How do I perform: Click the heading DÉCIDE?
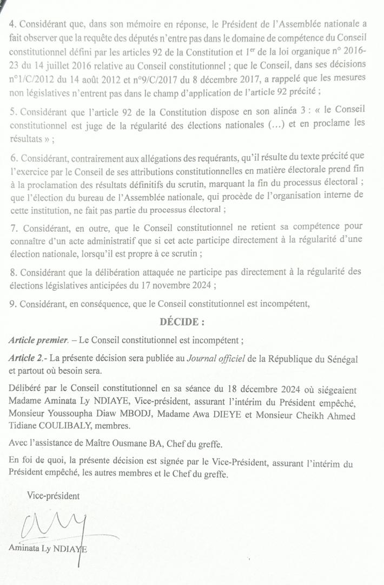click(x=182, y=322)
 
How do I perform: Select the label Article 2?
click(x=27, y=359)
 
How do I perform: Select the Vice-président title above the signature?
click(x=53, y=496)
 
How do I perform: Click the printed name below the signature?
click(x=48, y=548)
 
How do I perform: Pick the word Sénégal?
click(x=340, y=359)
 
